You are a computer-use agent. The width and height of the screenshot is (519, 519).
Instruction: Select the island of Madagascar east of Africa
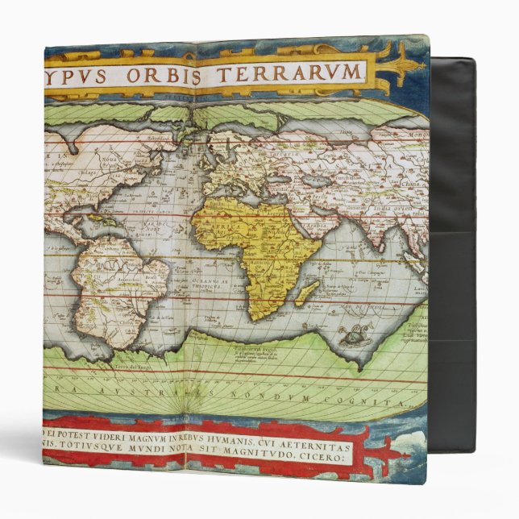[305, 293]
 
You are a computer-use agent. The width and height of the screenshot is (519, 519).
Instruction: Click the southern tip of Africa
[255, 316]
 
